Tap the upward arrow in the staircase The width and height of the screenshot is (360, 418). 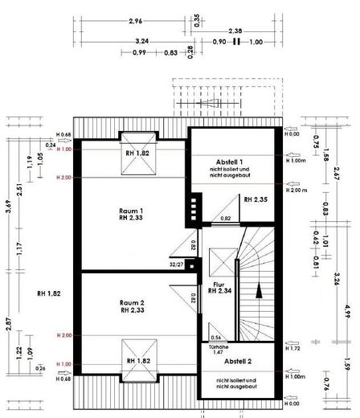point(259,291)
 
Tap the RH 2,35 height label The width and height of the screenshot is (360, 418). point(255,198)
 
